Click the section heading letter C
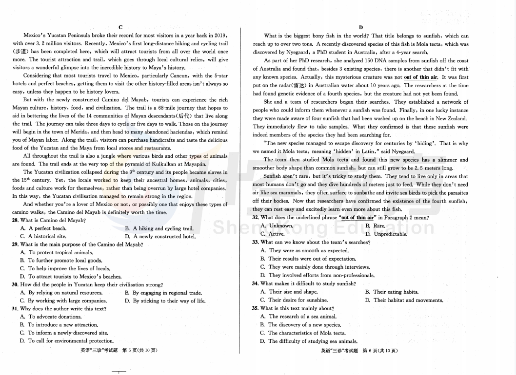[120, 27]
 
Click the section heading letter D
[360, 27]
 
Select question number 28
[15, 221]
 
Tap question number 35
[255, 308]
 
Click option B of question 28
[159, 228]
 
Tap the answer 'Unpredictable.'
[390, 234]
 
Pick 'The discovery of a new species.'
[304, 325]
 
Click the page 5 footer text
[119, 350]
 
